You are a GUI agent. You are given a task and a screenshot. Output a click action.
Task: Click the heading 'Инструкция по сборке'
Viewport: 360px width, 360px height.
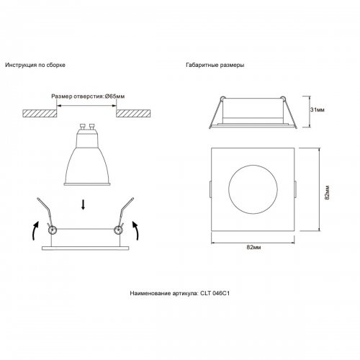[35, 65]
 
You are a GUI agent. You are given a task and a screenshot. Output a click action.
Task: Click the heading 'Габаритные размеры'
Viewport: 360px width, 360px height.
[215, 65]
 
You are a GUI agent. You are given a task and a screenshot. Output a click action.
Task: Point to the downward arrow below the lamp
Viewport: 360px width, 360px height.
[84, 205]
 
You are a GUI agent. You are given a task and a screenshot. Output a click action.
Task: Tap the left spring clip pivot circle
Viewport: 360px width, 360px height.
[51, 230]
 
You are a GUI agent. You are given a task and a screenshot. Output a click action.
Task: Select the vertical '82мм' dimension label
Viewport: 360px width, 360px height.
[326, 191]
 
